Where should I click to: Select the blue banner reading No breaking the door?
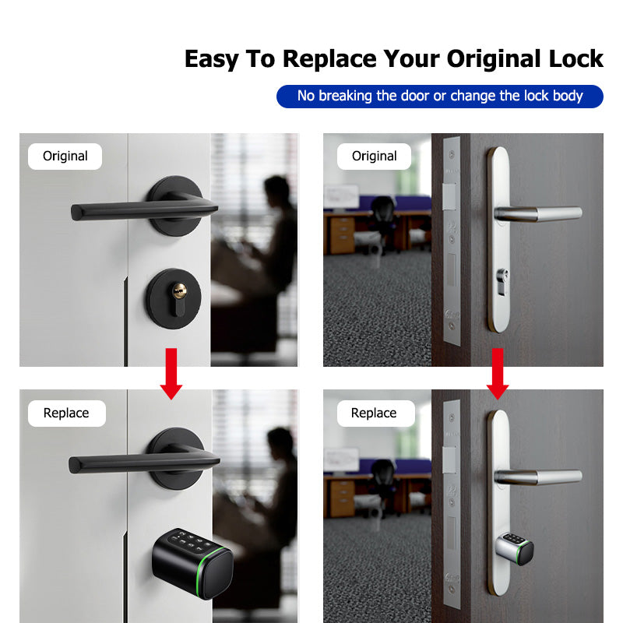[440, 96]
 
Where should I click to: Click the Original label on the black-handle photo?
[65, 156]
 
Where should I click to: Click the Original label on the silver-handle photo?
[374, 156]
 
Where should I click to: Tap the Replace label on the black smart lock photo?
[66, 413]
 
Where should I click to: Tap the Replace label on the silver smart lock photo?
[374, 413]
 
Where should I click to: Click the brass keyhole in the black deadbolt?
[180, 292]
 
